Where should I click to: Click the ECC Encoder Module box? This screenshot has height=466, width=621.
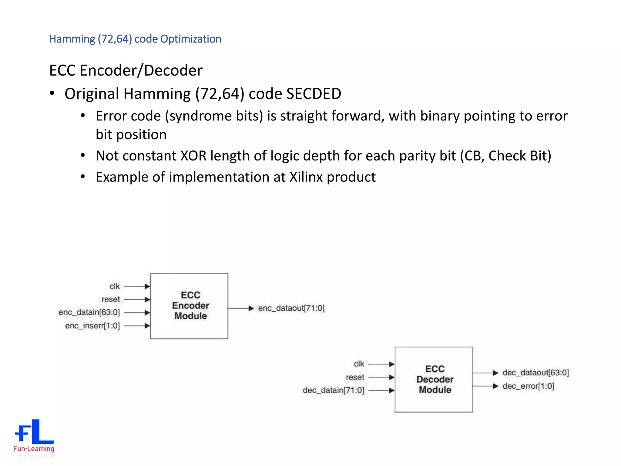click(x=189, y=306)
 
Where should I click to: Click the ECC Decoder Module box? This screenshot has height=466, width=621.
click(x=433, y=379)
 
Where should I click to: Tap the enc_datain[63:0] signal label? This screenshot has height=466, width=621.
click(x=89, y=312)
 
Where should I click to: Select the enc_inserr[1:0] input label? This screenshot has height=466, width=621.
click(x=92, y=326)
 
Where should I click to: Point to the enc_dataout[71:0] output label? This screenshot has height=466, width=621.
click(x=291, y=308)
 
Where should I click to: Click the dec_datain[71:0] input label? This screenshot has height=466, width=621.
click(x=333, y=390)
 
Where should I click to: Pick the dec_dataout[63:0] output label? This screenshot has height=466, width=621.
click(x=535, y=373)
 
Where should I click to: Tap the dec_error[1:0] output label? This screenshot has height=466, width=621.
click(x=528, y=386)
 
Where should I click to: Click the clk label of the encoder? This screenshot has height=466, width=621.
click(x=115, y=286)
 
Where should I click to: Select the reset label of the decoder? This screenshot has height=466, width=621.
click(x=355, y=377)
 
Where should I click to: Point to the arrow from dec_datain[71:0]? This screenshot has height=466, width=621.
click(x=381, y=390)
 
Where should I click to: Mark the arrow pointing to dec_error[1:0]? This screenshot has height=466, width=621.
click(x=485, y=386)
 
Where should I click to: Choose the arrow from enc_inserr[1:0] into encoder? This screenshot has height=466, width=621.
click(x=137, y=326)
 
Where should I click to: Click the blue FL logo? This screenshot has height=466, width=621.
click(x=34, y=431)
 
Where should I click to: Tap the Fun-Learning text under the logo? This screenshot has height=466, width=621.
click(x=34, y=449)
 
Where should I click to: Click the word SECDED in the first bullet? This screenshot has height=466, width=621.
click(x=314, y=94)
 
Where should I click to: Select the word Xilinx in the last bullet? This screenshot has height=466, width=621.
click(x=306, y=177)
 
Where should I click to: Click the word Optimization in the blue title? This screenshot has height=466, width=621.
click(x=191, y=39)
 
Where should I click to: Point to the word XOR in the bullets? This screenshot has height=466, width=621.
click(x=193, y=156)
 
